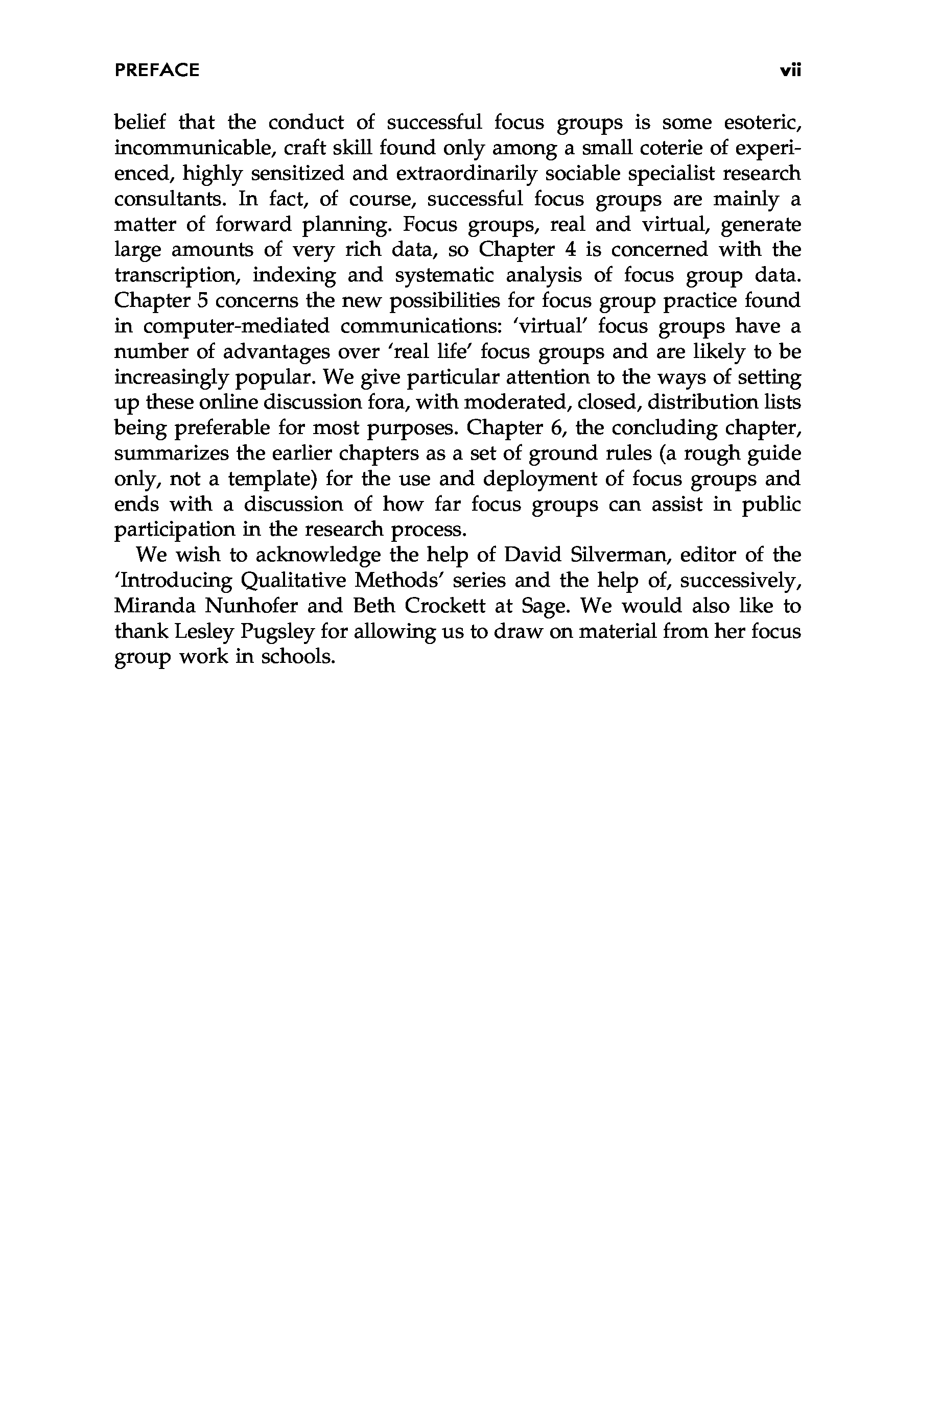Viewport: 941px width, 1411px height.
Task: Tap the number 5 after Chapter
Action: pyautogui.click(x=202, y=301)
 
